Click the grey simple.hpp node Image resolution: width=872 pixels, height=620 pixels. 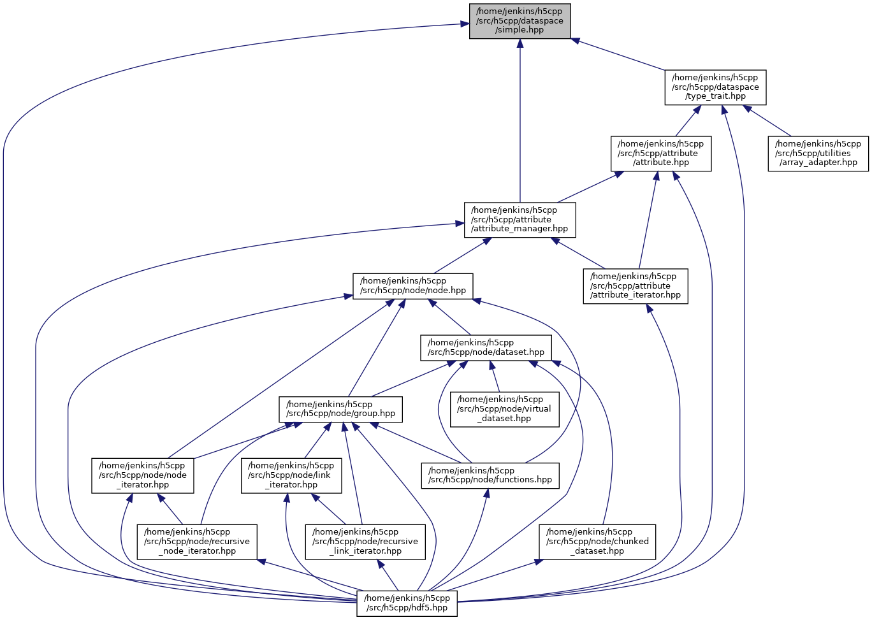520,21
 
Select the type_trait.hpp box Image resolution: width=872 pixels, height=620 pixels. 715,87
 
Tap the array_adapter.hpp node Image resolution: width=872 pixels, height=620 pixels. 818,154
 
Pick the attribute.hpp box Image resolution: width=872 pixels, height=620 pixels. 661,154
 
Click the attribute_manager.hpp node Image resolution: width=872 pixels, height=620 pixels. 520,220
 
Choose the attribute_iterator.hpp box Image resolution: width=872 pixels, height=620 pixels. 636,286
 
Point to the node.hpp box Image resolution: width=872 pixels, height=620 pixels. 413,286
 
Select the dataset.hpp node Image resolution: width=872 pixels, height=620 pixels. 486,347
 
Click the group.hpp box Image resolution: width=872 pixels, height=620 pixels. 341,409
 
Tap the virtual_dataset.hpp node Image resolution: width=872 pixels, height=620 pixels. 505,409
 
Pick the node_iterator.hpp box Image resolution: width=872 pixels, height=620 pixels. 143,475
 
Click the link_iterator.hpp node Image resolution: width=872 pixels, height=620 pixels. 291,475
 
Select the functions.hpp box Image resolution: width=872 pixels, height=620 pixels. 490,475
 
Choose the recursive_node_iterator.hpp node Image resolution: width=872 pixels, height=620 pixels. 198,542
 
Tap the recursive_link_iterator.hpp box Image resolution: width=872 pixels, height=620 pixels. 365,542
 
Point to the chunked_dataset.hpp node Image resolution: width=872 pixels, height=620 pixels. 597,542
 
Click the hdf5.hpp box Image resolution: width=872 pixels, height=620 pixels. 407,603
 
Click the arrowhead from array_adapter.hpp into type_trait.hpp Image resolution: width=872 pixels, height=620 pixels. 750,110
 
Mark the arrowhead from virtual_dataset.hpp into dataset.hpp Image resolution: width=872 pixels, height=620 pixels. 491,366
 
